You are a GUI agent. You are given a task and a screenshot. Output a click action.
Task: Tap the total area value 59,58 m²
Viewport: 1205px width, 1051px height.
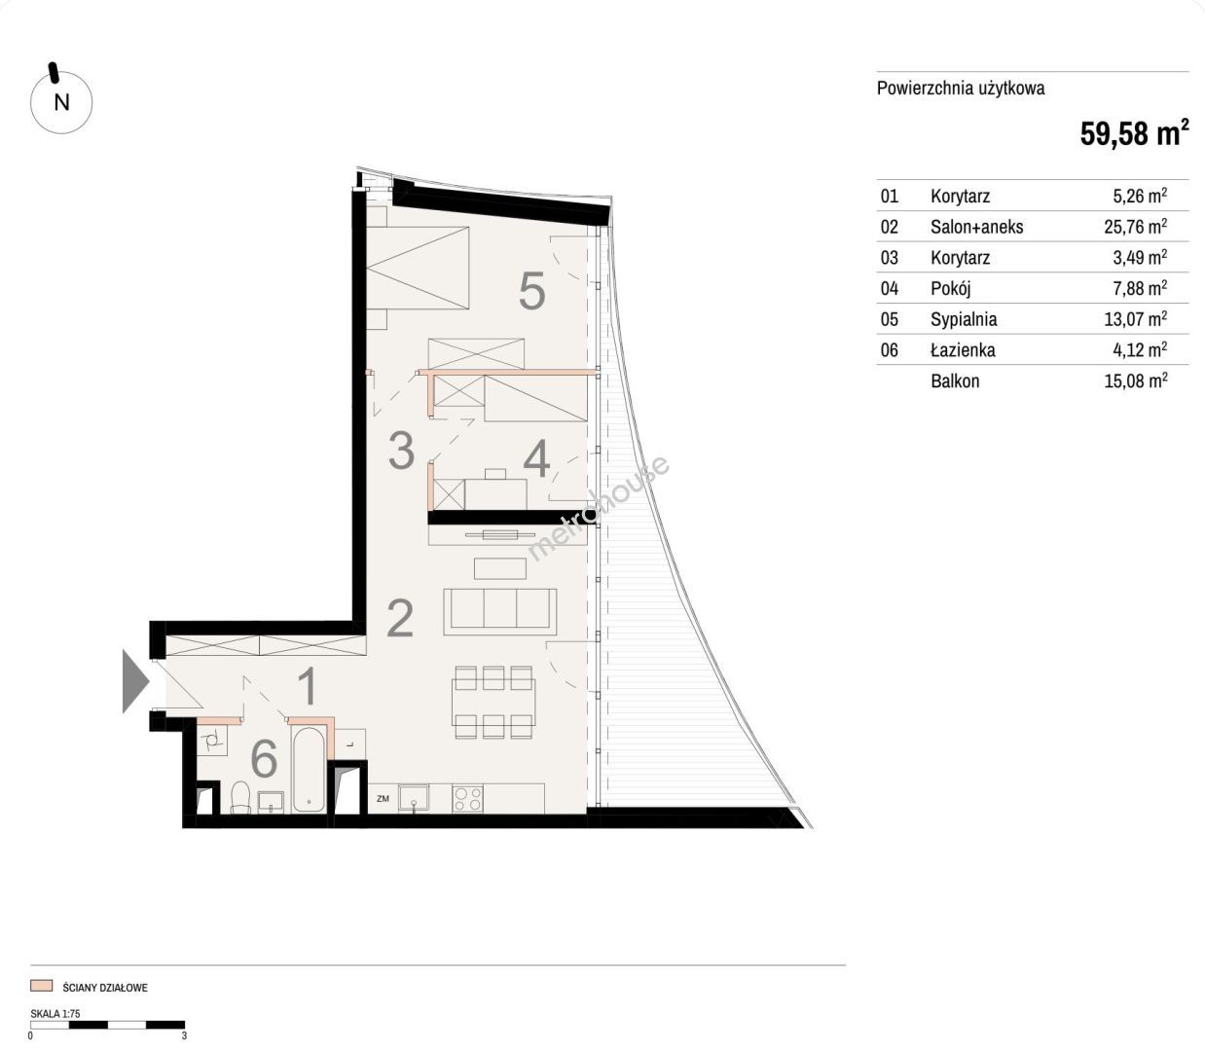coord(1134,132)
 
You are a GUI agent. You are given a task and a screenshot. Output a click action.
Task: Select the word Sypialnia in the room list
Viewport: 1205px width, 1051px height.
coord(964,319)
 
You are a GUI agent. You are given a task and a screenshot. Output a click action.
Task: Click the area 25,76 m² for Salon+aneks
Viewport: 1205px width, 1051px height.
coord(1136,226)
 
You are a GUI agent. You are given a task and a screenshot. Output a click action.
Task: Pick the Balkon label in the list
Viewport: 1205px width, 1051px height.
coord(955,381)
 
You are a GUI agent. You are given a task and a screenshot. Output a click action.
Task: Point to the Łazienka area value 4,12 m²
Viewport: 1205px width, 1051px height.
coord(1140,349)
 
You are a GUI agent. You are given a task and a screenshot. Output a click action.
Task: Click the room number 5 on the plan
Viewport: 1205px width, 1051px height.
coord(531,291)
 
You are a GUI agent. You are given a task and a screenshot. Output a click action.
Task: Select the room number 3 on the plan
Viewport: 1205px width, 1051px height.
coord(402,451)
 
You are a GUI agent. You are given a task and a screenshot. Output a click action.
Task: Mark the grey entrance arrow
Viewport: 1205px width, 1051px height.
coord(135,681)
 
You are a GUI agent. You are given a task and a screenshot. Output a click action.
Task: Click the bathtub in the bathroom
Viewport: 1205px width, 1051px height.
coord(308,770)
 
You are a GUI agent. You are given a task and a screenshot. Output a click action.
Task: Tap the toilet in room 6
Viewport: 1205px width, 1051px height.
coord(239,797)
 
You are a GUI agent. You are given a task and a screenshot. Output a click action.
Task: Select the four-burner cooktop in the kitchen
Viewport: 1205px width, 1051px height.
coord(467,799)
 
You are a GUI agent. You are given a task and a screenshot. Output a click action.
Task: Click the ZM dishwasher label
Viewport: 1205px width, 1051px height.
coord(383,799)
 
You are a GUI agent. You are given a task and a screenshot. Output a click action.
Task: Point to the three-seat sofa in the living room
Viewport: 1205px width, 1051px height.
coord(500,611)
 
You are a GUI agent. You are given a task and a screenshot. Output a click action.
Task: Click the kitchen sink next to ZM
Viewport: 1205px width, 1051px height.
coord(414,799)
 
